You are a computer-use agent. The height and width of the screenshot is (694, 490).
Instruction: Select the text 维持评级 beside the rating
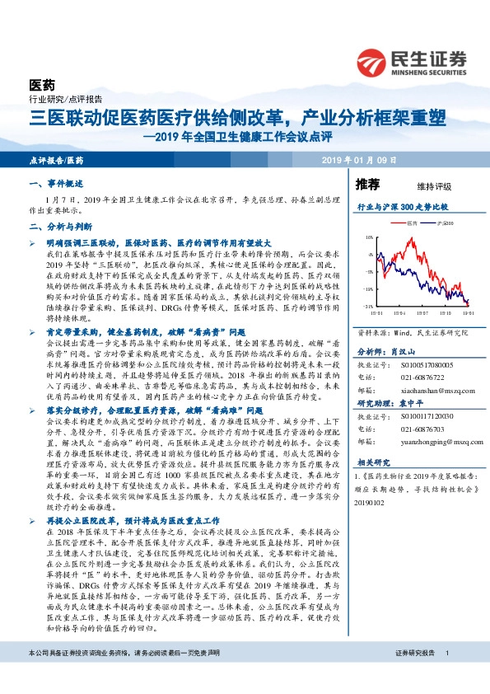pos(422,186)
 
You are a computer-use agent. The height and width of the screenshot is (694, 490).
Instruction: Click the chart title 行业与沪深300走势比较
pos(403,208)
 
